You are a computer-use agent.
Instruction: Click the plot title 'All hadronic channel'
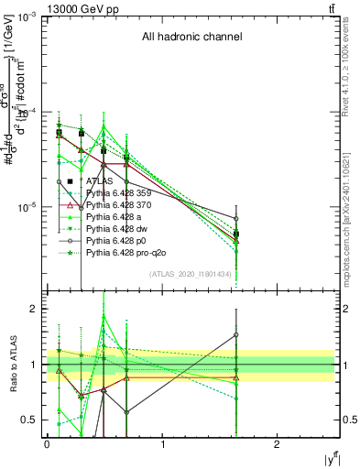pos(191,38)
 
